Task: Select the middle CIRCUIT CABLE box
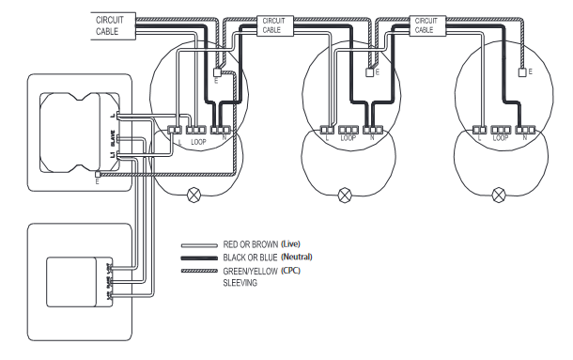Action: (271, 24)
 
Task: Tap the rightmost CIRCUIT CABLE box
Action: (424, 24)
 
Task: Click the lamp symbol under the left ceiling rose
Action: (195, 196)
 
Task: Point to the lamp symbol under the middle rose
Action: (345, 196)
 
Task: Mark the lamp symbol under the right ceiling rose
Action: (498, 196)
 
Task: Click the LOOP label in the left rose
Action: (197, 141)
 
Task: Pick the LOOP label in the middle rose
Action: (348, 138)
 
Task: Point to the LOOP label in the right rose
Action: (501, 138)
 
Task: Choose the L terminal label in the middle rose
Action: (326, 138)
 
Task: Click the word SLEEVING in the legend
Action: (241, 281)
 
